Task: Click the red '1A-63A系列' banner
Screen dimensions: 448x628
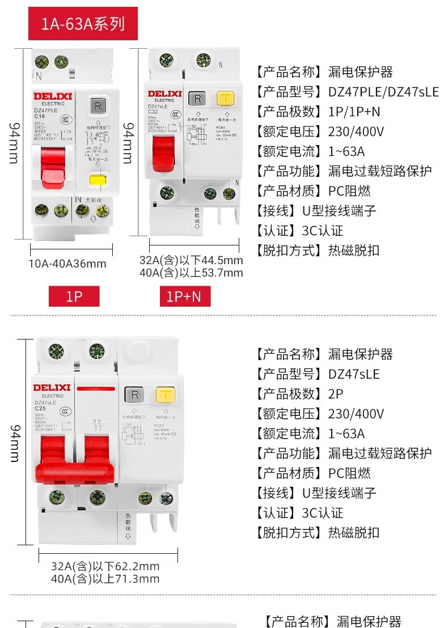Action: coord(83,24)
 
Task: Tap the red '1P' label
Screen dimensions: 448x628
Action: coord(74,296)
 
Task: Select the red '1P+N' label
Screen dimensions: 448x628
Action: coord(184,296)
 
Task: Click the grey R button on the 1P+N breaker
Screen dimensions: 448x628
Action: coord(198,98)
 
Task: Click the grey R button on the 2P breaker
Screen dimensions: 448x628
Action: coord(134,394)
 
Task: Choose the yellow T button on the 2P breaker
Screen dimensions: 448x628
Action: coord(165,394)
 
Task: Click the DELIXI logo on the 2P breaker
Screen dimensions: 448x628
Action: coord(52,388)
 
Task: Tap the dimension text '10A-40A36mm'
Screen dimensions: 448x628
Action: coord(67,264)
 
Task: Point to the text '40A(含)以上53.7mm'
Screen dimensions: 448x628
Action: coord(191,273)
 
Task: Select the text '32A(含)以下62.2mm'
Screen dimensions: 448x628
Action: coord(105,566)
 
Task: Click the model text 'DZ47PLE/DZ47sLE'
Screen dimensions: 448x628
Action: coord(383,92)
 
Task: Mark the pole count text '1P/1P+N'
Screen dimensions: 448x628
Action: coord(354,112)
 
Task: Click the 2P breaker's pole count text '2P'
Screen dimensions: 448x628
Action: coord(336,394)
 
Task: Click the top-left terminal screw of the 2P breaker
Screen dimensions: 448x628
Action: coord(56,351)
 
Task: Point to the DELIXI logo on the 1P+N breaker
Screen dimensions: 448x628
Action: coord(164,94)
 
